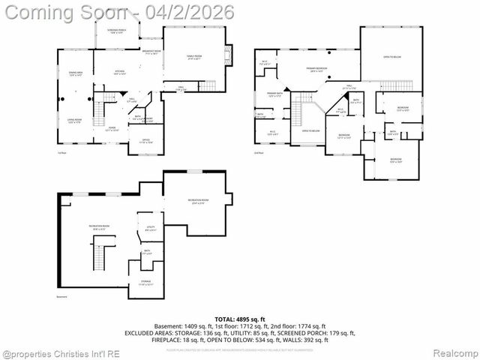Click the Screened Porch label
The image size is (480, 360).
point(115,31)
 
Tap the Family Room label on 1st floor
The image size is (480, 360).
point(195,56)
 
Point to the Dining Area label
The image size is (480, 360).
point(75,73)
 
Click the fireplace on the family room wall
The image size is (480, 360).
point(232,55)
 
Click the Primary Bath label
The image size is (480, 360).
point(274,94)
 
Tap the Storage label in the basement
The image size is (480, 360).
point(145,283)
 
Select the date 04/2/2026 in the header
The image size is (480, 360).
point(196,12)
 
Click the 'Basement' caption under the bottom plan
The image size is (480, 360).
point(62,297)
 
